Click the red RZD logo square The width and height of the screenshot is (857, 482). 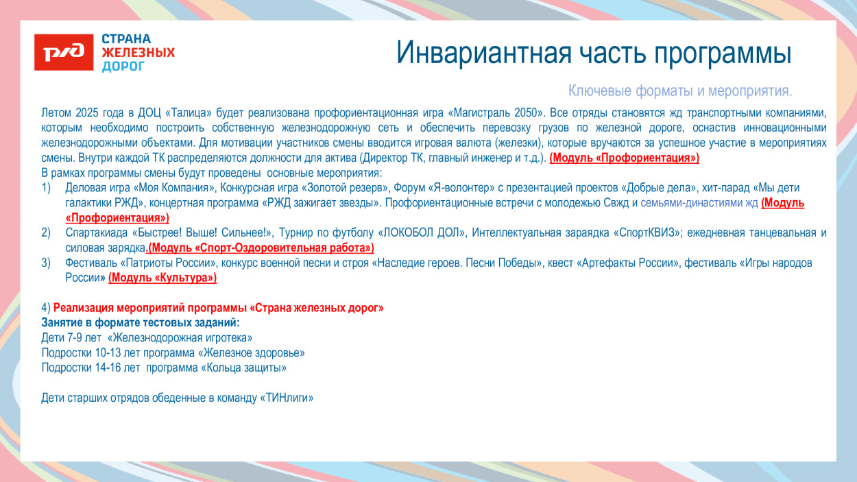click(64, 52)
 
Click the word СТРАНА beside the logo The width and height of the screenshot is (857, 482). click(126, 39)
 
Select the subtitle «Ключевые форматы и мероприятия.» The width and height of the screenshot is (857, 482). click(680, 91)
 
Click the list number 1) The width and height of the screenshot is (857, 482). click(47, 188)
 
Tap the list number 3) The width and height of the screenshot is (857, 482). click(47, 263)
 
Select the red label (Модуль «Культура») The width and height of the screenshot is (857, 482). click(162, 278)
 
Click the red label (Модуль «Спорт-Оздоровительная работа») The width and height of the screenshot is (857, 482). click(262, 248)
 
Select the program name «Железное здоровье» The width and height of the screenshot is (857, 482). click(251, 353)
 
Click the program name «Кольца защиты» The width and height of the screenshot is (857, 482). click(243, 368)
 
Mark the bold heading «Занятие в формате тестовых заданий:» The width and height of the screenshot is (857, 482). click(141, 323)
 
